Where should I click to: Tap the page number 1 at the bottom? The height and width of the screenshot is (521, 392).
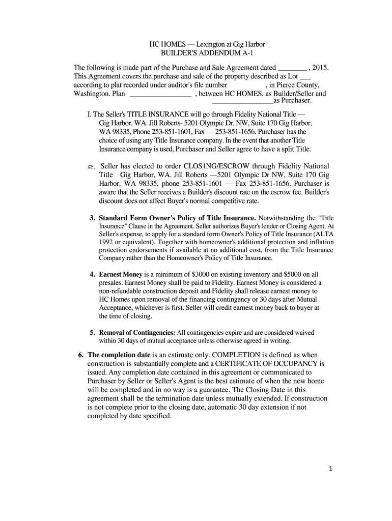coord(330,470)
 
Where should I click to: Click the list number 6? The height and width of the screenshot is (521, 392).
coord(80,355)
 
